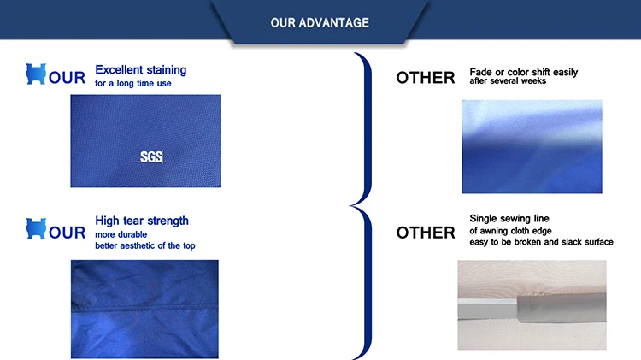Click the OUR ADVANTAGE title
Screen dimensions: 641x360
tap(320, 22)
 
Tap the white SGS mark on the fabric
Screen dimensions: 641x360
tap(151, 156)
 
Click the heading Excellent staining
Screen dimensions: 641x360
tap(141, 70)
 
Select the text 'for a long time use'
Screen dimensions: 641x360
tap(132, 83)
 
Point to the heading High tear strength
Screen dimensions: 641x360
tap(142, 221)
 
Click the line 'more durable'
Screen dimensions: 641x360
tap(121, 234)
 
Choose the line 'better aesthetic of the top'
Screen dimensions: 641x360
tap(145, 245)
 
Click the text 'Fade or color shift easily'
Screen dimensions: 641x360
tap(524, 72)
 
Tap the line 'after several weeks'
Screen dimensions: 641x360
tap(508, 81)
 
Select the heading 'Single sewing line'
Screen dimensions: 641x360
tap(509, 218)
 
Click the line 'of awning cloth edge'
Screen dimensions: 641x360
tap(510, 231)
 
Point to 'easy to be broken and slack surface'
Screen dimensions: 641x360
tap(541, 242)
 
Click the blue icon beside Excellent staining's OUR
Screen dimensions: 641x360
tap(36, 74)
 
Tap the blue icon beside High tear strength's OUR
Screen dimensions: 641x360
tap(36, 228)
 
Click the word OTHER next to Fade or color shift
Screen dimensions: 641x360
tap(426, 78)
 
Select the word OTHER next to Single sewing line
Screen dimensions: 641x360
tap(426, 233)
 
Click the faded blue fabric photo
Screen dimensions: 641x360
tap(532, 146)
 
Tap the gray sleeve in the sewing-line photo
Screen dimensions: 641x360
tap(562, 308)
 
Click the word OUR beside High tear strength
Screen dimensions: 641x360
tap(67, 233)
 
